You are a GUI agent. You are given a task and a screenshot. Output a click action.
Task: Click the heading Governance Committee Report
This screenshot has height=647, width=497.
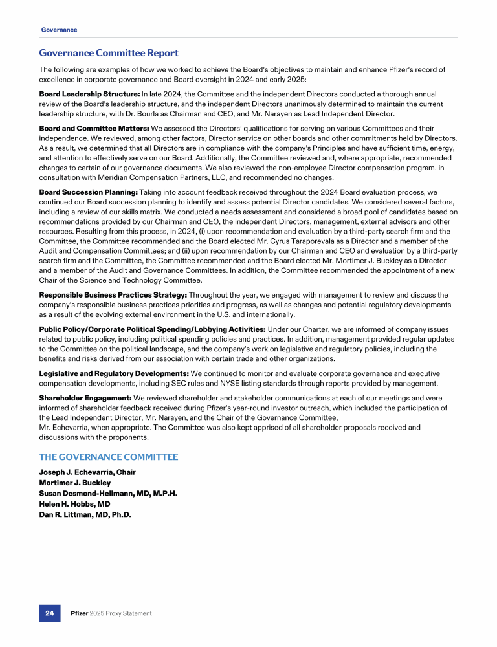coord(109,53)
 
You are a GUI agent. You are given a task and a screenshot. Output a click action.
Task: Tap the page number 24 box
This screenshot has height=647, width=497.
coord(49,613)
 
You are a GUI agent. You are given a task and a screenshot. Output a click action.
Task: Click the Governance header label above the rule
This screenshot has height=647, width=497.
coord(59,30)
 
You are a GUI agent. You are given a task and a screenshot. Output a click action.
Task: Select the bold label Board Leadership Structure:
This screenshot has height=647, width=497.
coord(89,94)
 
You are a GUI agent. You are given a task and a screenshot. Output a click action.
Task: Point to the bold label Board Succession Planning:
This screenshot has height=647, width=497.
coord(89,192)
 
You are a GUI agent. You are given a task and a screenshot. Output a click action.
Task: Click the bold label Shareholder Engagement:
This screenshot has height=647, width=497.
coord(85,398)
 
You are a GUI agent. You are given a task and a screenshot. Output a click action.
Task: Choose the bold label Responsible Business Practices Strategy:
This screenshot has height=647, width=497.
coord(113,295)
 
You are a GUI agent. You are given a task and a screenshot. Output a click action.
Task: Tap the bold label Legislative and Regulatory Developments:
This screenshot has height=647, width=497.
coord(114,373)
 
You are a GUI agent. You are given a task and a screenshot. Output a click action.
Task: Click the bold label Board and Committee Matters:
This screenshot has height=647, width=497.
coord(94,128)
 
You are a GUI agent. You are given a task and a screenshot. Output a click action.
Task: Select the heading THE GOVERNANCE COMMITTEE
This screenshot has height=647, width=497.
coord(108,457)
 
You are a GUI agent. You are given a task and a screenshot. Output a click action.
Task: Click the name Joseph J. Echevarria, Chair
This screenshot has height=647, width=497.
coord(87,472)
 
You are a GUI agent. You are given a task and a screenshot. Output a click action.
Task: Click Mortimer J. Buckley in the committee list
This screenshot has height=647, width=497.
coord(74,483)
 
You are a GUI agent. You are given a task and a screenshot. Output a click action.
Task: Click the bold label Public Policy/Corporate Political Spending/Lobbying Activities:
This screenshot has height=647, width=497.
coord(152,329)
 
